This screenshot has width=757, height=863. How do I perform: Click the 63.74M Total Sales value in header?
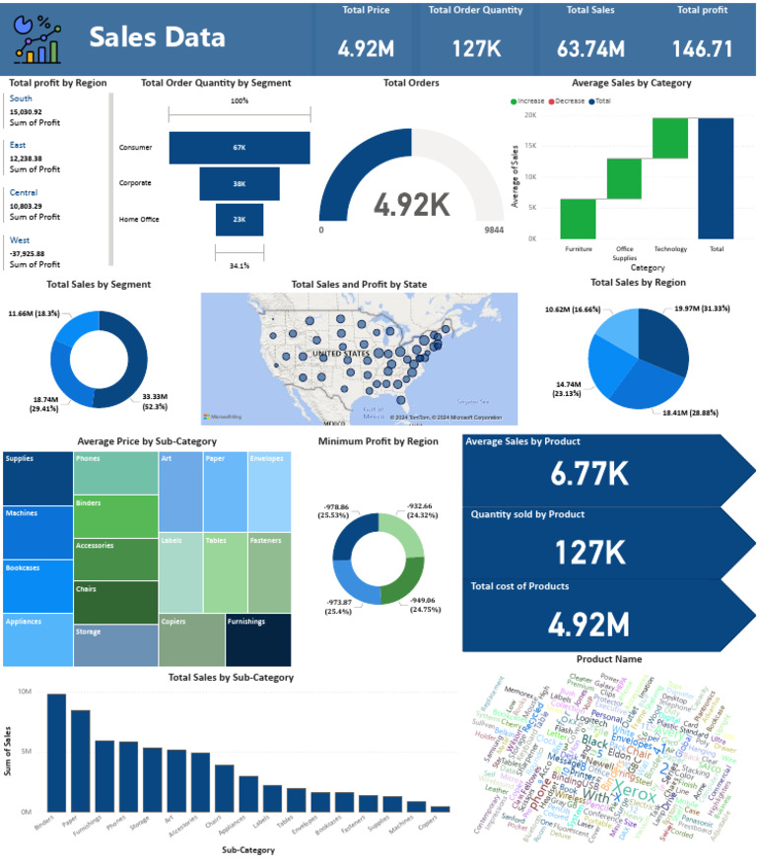[x=596, y=48]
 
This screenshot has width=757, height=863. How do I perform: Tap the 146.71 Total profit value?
[x=702, y=48]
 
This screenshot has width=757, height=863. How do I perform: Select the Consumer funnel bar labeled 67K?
[x=240, y=148]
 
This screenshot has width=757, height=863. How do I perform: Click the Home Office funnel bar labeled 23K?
[x=240, y=219]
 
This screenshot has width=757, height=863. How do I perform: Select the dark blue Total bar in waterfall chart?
[x=716, y=177]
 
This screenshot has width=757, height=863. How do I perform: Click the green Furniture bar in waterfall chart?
[x=578, y=218]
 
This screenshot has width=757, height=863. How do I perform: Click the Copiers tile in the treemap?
[x=191, y=640]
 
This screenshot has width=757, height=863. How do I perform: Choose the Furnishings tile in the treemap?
[x=258, y=640]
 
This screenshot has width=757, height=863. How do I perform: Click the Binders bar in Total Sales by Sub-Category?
[x=56, y=752]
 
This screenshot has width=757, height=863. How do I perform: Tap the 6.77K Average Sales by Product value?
[x=590, y=474]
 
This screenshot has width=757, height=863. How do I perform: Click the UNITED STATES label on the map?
[x=342, y=353]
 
